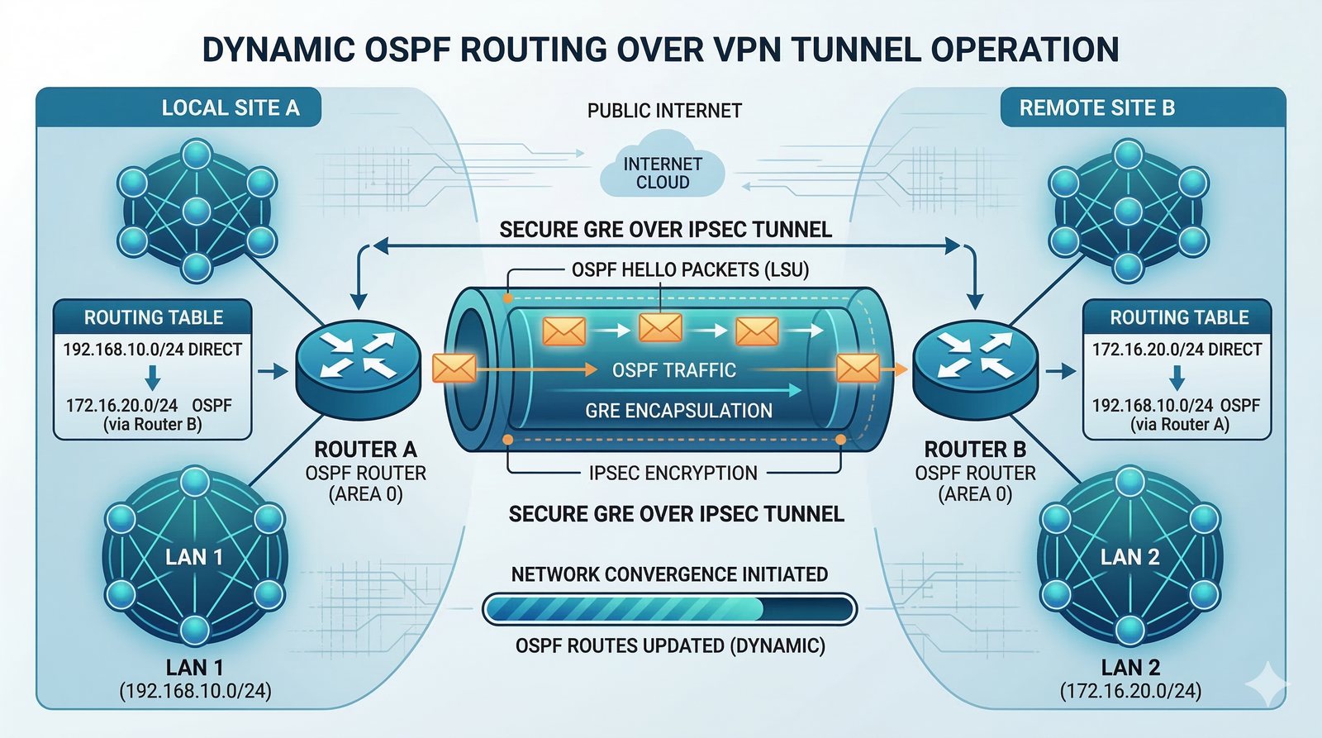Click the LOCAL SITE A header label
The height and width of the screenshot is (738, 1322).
pyautogui.click(x=231, y=108)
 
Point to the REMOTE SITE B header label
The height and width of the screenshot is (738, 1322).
pyautogui.click(x=1096, y=108)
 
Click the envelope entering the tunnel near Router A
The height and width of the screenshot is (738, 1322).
pyautogui.click(x=454, y=369)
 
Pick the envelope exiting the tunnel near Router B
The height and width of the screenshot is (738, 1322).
pyautogui.click(x=858, y=369)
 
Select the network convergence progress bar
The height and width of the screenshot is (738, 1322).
pyautogui.click(x=669, y=609)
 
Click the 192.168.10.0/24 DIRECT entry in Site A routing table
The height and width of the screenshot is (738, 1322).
pyautogui.click(x=152, y=350)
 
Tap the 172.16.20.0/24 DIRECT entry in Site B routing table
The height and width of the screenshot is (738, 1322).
pyautogui.click(x=1177, y=350)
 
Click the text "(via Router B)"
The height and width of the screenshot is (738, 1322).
pyautogui.click(x=152, y=425)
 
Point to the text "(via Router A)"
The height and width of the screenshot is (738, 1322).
pyautogui.click(x=1180, y=425)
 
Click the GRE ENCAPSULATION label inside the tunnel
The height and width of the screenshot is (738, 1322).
pyautogui.click(x=678, y=411)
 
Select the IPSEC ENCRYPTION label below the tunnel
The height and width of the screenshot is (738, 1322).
pyautogui.click(x=673, y=473)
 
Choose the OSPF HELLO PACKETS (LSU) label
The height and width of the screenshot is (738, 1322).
pyautogui.click(x=690, y=269)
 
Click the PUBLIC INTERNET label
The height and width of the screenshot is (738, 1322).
pyautogui.click(x=664, y=111)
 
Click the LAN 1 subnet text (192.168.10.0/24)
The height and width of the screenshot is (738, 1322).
pyautogui.click(x=195, y=691)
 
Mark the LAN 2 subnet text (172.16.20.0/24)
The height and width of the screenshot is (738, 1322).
pyautogui.click(x=1130, y=691)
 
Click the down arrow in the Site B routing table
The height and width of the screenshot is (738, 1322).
pyautogui.click(x=1177, y=378)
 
